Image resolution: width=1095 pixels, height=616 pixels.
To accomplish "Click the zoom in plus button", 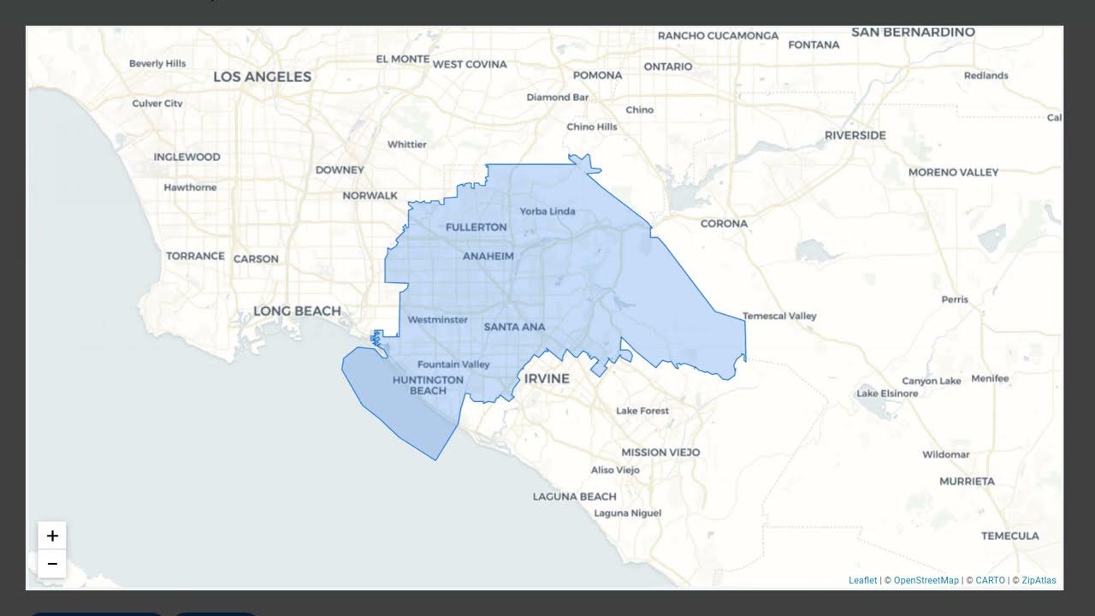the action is [52, 536].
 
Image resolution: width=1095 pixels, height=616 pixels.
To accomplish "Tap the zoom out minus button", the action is [52, 564].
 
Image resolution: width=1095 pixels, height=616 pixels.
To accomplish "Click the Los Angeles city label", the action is [262, 77].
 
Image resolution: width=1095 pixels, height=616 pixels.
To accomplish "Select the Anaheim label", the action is [488, 256].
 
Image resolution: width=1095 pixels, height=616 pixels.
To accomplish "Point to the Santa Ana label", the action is [514, 327].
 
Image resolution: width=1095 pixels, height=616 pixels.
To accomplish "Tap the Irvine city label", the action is [547, 378].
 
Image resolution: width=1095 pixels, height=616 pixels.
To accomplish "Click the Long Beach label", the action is [297, 311].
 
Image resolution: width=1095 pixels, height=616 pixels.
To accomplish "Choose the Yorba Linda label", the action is [547, 211].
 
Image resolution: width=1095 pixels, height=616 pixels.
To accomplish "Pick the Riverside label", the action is [855, 135].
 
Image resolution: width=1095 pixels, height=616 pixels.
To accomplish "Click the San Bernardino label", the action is [913, 33].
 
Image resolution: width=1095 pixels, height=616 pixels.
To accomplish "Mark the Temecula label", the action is [1009, 536].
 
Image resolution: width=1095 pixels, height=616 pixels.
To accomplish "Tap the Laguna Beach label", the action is [574, 496].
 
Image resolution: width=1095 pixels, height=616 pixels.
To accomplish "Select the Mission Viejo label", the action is [660, 452].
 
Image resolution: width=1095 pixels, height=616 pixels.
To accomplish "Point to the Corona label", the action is [724, 223].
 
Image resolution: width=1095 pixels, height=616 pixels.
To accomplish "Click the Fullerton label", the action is [476, 228].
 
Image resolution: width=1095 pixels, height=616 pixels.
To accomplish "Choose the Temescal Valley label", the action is [779, 316].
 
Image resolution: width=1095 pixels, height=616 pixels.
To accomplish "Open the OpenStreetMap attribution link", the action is [926, 580].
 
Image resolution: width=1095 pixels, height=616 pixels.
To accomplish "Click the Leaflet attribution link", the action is [862, 580].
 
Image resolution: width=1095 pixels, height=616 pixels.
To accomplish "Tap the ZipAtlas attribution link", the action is [1039, 580].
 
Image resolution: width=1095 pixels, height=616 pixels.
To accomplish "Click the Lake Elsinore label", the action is [887, 394].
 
